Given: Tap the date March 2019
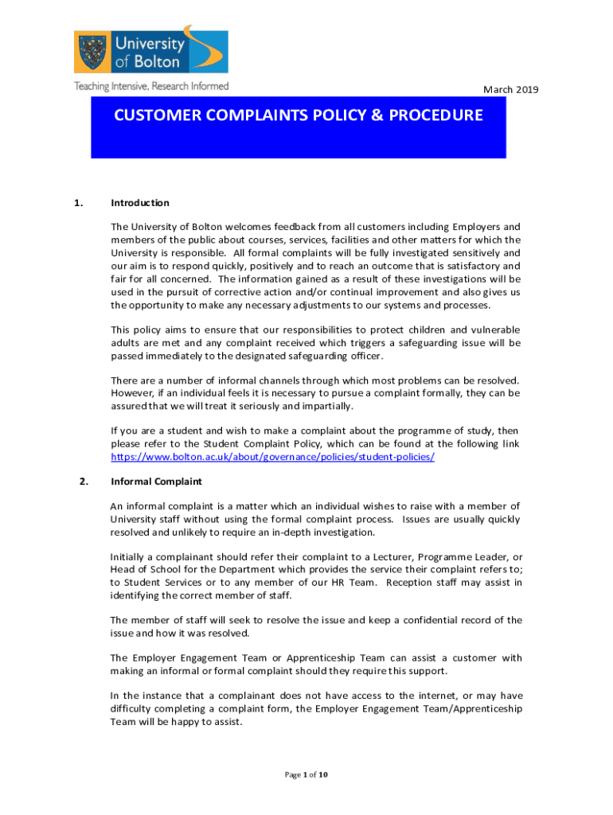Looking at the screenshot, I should [x=511, y=90].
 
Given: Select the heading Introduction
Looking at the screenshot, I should [x=140, y=203].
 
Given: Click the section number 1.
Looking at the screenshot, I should [x=78, y=203].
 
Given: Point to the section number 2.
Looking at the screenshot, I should [x=78, y=481].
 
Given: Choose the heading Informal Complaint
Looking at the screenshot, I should [x=156, y=482].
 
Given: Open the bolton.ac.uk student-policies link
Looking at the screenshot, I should [x=272, y=457].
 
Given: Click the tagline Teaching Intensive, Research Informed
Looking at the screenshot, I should [x=151, y=86].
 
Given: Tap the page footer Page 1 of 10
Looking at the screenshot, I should [x=306, y=774].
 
